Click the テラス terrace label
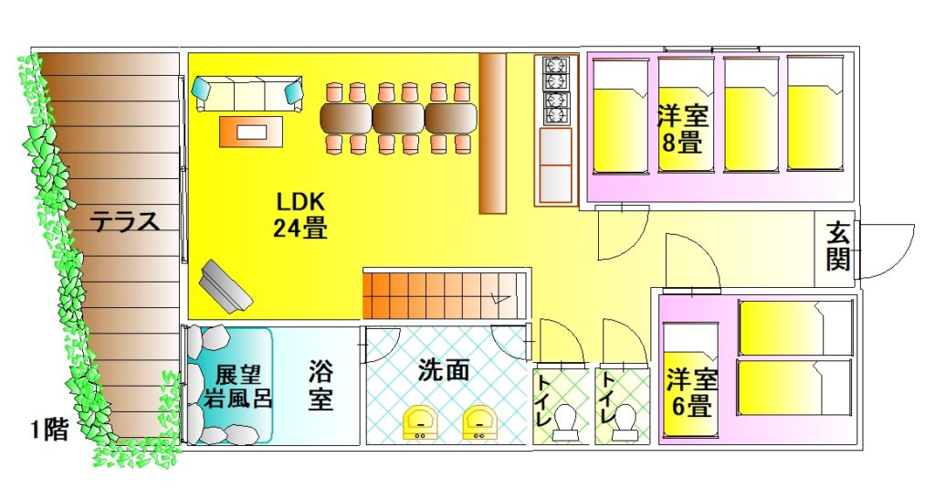(x=125, y=222)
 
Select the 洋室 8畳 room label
(x=683, y=129)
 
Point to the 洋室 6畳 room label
(x=690, y=392)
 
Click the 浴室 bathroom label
(x=320, y=386)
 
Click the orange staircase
(x=438, y=294)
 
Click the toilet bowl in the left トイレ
(x=566, y=423)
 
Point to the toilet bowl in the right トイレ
(x=626, y=423)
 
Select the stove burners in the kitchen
(x=556, y=90)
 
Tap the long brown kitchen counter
(x=492, y=133)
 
